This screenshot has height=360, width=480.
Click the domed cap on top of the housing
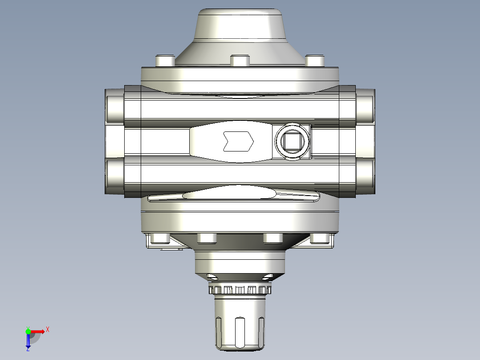pyautogui.click(x=240, y=27)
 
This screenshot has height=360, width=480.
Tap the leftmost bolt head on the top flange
pyautogui.click(x=164, y=61)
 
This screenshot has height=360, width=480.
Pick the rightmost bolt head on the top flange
pyautogui.click(x=315, y=61)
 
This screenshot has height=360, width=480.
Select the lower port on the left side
pyautogui.click(x=114, y=176)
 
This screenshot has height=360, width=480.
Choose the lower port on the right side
pyautogui.click(x=365, y=176)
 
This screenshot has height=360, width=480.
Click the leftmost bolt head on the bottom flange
pyautogui.click(x=160, y=239)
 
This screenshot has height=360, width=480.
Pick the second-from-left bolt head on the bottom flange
pyautogui.click(x=206, y=238)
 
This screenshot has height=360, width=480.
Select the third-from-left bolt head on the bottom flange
pyautogui.click(x=273, y=238)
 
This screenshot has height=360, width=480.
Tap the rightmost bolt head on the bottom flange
pyautogui.click(x=319, y=239)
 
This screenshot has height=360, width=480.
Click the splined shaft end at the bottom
pyautogui.click(x=240, y=327)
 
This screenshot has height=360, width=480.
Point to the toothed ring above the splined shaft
pyautogui.click(x=240, y=290)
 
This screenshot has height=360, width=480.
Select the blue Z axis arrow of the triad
pyautogui.click(x=28, y=343)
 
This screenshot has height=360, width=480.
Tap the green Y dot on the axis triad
pyautogui.click(x=28, y=331)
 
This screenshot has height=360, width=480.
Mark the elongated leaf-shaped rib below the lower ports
pyautogui.click(x=232, y=194)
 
